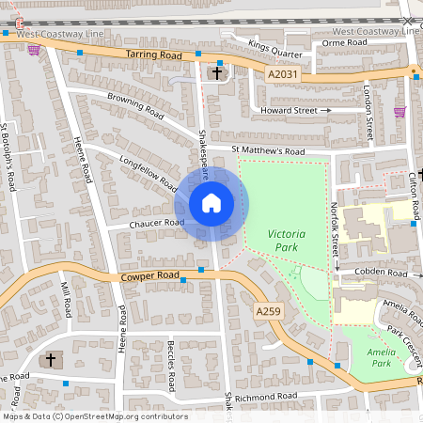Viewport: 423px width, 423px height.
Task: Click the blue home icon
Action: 211,203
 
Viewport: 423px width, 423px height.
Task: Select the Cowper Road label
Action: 149,276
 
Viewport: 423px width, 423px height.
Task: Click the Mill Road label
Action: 65,299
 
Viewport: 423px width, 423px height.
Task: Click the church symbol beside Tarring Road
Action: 217,72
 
